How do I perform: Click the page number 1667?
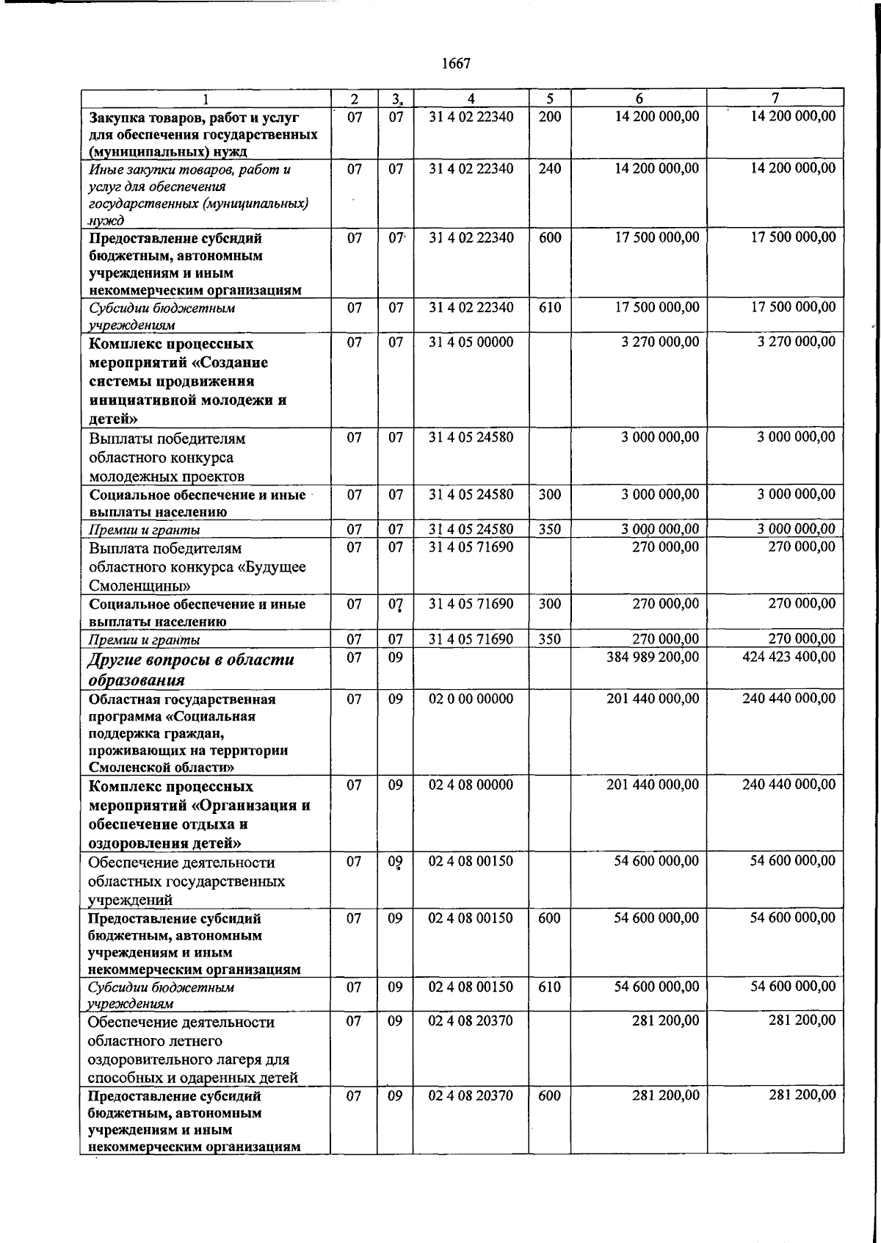456,64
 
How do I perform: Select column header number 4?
471,98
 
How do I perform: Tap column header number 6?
639,98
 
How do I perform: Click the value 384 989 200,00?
653,657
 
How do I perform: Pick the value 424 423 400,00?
788,657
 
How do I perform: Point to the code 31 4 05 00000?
471,342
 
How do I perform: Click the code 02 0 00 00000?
471,699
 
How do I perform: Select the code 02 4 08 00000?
471,785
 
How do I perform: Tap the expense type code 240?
549,168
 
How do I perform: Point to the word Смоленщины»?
139,586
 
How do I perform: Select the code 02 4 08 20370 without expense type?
471,1020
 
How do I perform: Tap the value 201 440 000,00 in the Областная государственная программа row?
653,699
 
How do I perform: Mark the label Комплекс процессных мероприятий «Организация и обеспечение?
198,814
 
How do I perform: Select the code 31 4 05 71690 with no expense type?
471,547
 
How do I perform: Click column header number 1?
206,98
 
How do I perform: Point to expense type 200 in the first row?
549,116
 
